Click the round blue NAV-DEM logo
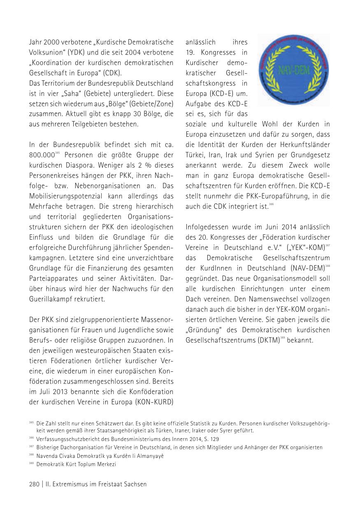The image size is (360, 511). [x=294, y=70]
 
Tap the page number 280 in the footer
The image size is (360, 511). [x=34, y=485]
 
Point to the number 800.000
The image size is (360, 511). [x=42, y=155]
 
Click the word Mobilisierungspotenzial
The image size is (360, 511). [x=63, y=196]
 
